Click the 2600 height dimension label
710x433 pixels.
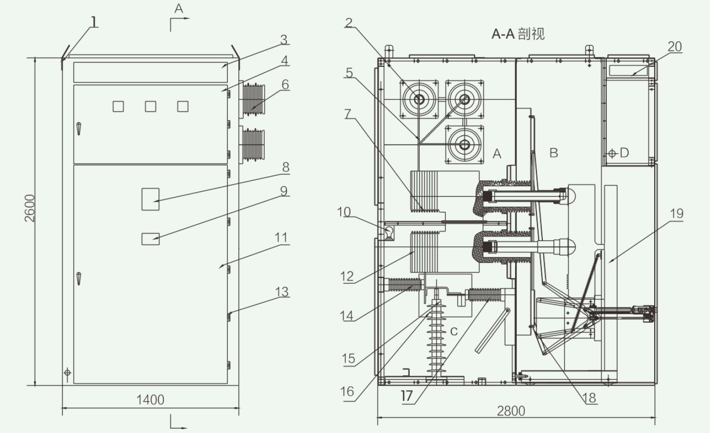(30, 208)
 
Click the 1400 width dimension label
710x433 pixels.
(150, 400)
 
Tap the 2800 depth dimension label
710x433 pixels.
(511, 411)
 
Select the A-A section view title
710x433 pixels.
(518, 33)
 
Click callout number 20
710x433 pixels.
(675, 47)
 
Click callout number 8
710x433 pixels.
(285, 167)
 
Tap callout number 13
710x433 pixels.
(282, 291)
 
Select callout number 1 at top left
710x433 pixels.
(94, 22)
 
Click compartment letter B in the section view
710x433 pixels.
(553, 153)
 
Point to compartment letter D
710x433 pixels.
(624, 153)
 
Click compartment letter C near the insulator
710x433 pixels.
(454, 331)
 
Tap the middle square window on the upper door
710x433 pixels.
(150, 106)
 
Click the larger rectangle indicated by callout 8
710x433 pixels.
(150, 199)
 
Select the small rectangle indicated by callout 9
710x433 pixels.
(150, 239)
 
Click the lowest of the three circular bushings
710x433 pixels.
(465, 144)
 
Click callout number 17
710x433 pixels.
(407, 396)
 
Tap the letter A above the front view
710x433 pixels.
(179, 9)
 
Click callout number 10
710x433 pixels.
(344, 212)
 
